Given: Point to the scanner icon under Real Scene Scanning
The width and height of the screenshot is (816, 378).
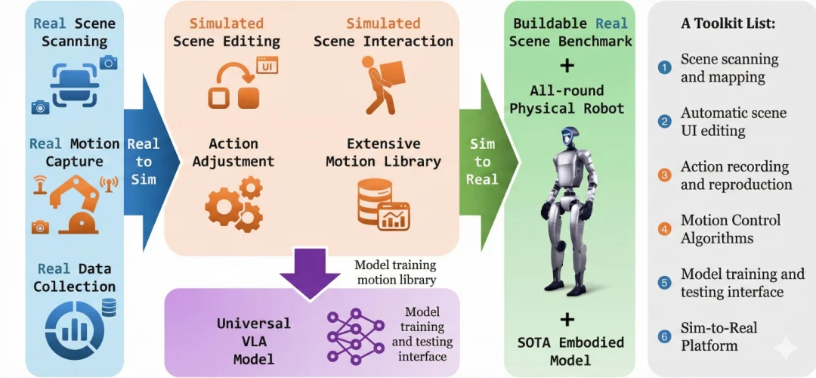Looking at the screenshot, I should point(73,82).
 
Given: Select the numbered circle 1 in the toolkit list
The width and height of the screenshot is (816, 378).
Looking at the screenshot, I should point(665,67).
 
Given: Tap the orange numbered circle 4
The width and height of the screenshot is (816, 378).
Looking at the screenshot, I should point(665,228).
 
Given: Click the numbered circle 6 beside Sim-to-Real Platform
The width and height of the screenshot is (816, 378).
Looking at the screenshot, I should point(665,336).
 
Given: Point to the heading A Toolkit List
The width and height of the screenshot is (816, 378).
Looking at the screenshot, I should point(728,23).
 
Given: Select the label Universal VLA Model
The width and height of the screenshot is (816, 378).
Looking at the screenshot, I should point(253,341).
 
